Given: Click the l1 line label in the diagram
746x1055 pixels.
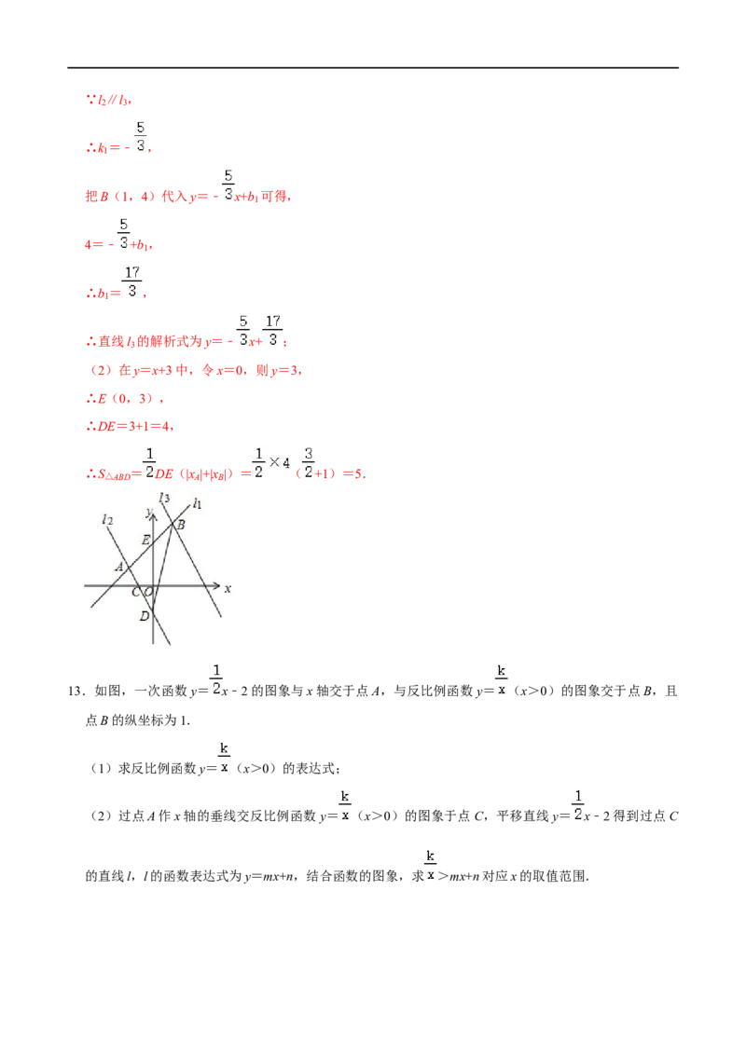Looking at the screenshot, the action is [197, 503].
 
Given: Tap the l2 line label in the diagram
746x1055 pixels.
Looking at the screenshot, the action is [107, 520].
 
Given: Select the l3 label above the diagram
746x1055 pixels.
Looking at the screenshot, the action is [164, 498].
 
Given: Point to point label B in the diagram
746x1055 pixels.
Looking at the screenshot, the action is [181, 525].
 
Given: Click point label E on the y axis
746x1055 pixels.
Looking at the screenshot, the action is [145, 540].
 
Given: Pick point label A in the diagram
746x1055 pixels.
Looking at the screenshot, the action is [119, 567].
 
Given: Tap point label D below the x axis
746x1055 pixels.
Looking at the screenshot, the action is [145, 616].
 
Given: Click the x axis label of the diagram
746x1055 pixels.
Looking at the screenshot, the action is [228, 589].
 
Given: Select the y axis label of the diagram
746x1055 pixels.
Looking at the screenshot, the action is [148, 514].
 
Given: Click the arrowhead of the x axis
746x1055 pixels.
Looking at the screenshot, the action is [216, 585].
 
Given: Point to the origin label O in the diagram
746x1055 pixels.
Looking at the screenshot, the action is [149, 592].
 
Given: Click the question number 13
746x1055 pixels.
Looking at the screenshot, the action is [76, 691].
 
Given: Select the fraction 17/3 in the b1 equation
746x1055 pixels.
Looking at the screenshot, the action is [132, 281].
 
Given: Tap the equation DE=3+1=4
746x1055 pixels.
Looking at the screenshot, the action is [136, 427].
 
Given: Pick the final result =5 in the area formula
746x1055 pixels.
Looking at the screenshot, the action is [354, 473].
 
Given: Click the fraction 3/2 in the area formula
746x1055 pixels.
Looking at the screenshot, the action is [309, 463].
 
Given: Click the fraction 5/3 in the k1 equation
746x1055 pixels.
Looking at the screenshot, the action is [140, 137].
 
